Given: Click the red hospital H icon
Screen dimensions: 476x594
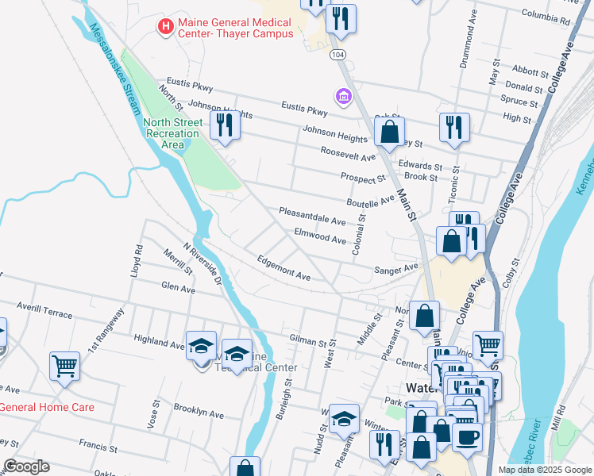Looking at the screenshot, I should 165,27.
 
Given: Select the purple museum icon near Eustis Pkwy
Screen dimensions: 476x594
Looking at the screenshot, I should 344,97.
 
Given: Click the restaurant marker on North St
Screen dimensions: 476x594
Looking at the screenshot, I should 225,125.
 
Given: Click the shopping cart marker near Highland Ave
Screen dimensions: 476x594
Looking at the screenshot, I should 64,367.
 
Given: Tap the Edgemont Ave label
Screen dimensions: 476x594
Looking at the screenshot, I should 283,267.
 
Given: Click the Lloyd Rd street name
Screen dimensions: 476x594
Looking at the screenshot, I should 137,259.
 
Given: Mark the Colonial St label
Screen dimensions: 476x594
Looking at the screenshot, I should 361,229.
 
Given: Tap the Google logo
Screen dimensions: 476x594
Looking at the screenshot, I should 26,466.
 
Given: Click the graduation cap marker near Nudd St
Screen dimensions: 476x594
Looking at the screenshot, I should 344,419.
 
